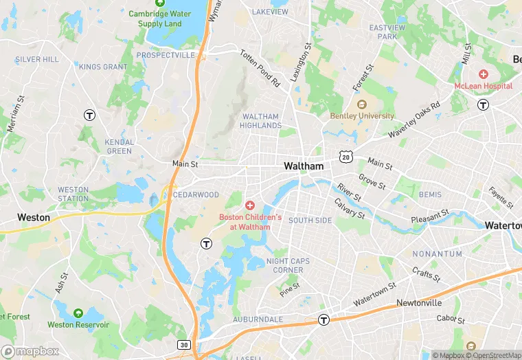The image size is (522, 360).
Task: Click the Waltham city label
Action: (x=303, y=166)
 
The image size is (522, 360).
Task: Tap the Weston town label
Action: (x=33, y=217)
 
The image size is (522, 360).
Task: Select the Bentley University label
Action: (x=362, y=116)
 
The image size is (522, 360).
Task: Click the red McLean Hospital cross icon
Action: (x=483, y=74)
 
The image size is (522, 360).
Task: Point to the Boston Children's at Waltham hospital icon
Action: (x=250, y=205)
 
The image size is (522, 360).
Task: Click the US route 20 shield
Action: (x=345, y=157)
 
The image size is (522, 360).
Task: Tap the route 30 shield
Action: (x=183, y=344)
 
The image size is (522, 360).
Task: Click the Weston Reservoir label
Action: (x=78, y=324)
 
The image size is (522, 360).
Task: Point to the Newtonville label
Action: (x=418, y=303)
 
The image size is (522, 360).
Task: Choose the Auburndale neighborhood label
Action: (x=258, y=319)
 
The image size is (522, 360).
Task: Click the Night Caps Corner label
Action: (x=284, y=265)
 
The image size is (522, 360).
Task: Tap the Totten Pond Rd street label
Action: (x=260, y=67)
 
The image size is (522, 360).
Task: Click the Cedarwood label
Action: (x=196, y=194)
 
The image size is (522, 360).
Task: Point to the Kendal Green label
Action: (x=119, y=146)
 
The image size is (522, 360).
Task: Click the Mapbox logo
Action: (x=30, y=351)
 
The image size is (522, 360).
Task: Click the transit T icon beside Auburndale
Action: (x=324, y=319)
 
